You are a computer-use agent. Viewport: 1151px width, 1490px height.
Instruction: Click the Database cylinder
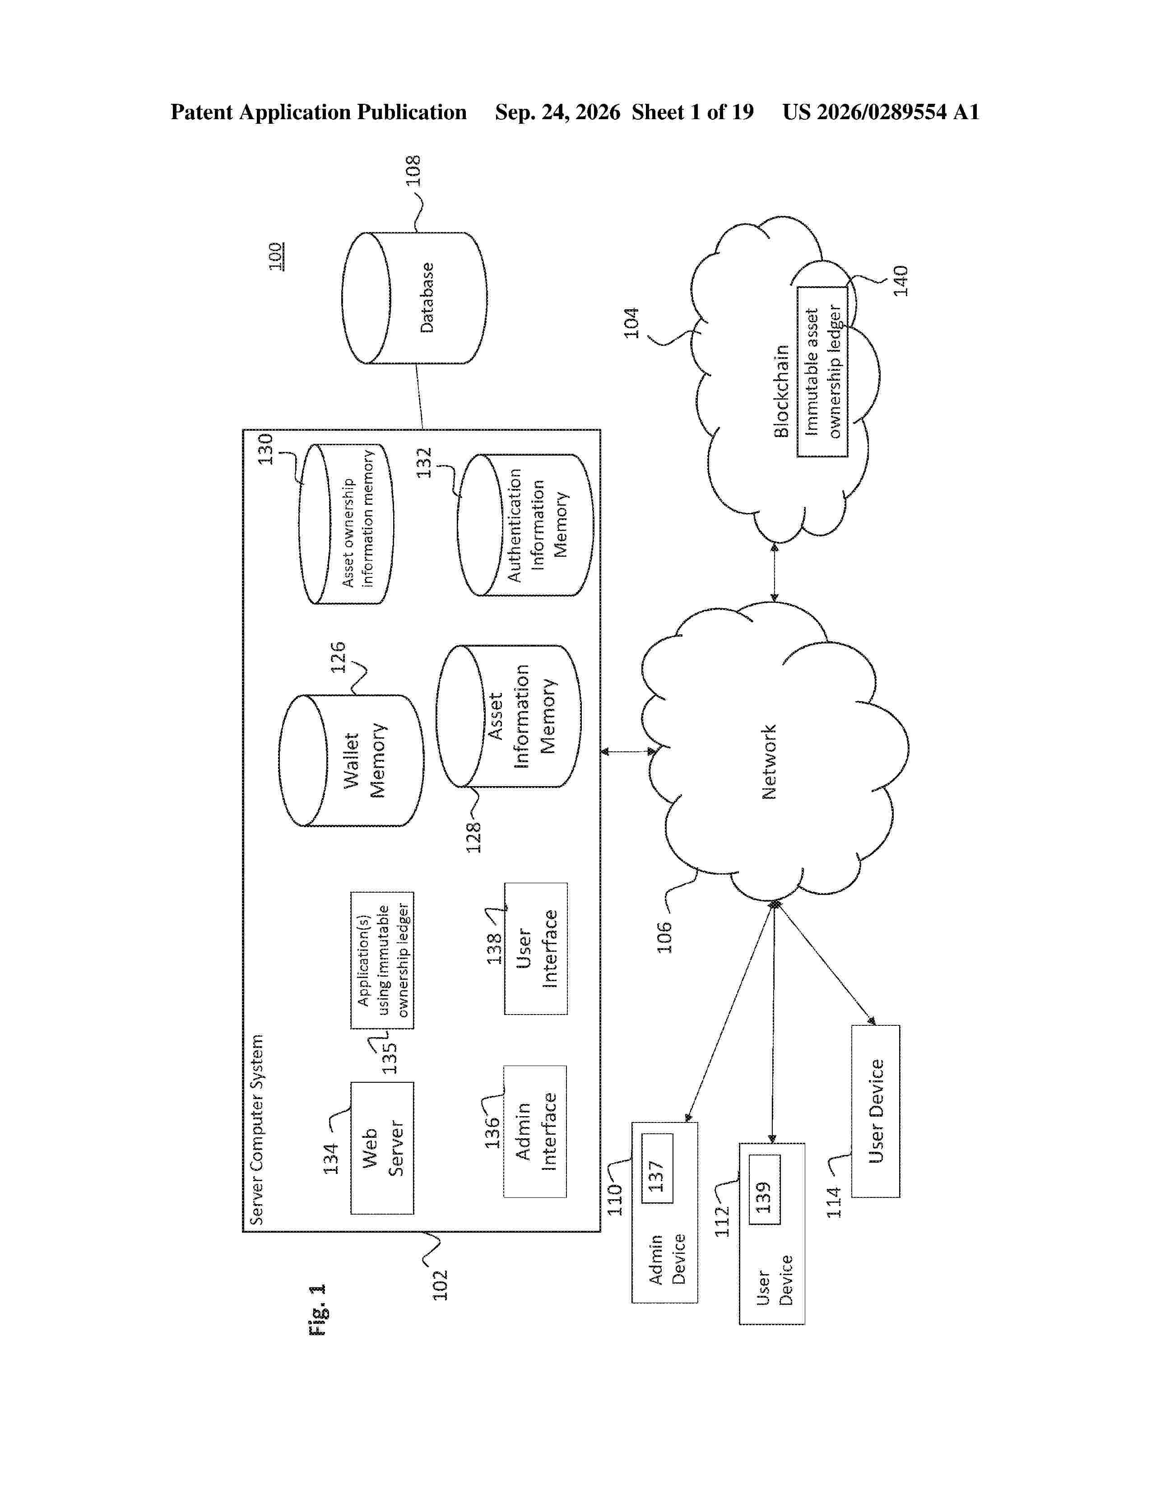(x=414, y=298)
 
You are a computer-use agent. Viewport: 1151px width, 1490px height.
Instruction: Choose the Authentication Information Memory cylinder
(x=525, y=525)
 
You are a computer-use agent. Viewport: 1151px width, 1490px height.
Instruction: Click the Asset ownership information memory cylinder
(x=346, y=524)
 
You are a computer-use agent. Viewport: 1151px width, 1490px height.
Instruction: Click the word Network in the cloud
(x=769, y=762)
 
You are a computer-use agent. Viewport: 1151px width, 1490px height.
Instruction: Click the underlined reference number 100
(x=276, y=256)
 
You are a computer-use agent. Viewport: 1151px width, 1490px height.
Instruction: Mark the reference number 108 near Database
(x=413, y=171)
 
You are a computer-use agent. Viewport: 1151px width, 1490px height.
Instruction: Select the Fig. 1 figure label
(x=318, y=1310)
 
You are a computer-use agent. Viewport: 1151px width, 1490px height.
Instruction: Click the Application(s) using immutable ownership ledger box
(x=382, y=960)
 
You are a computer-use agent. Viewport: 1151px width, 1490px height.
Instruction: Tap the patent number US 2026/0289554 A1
(x=880, y=112)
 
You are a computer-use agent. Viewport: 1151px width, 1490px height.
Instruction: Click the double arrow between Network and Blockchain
(x=774, y=573)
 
